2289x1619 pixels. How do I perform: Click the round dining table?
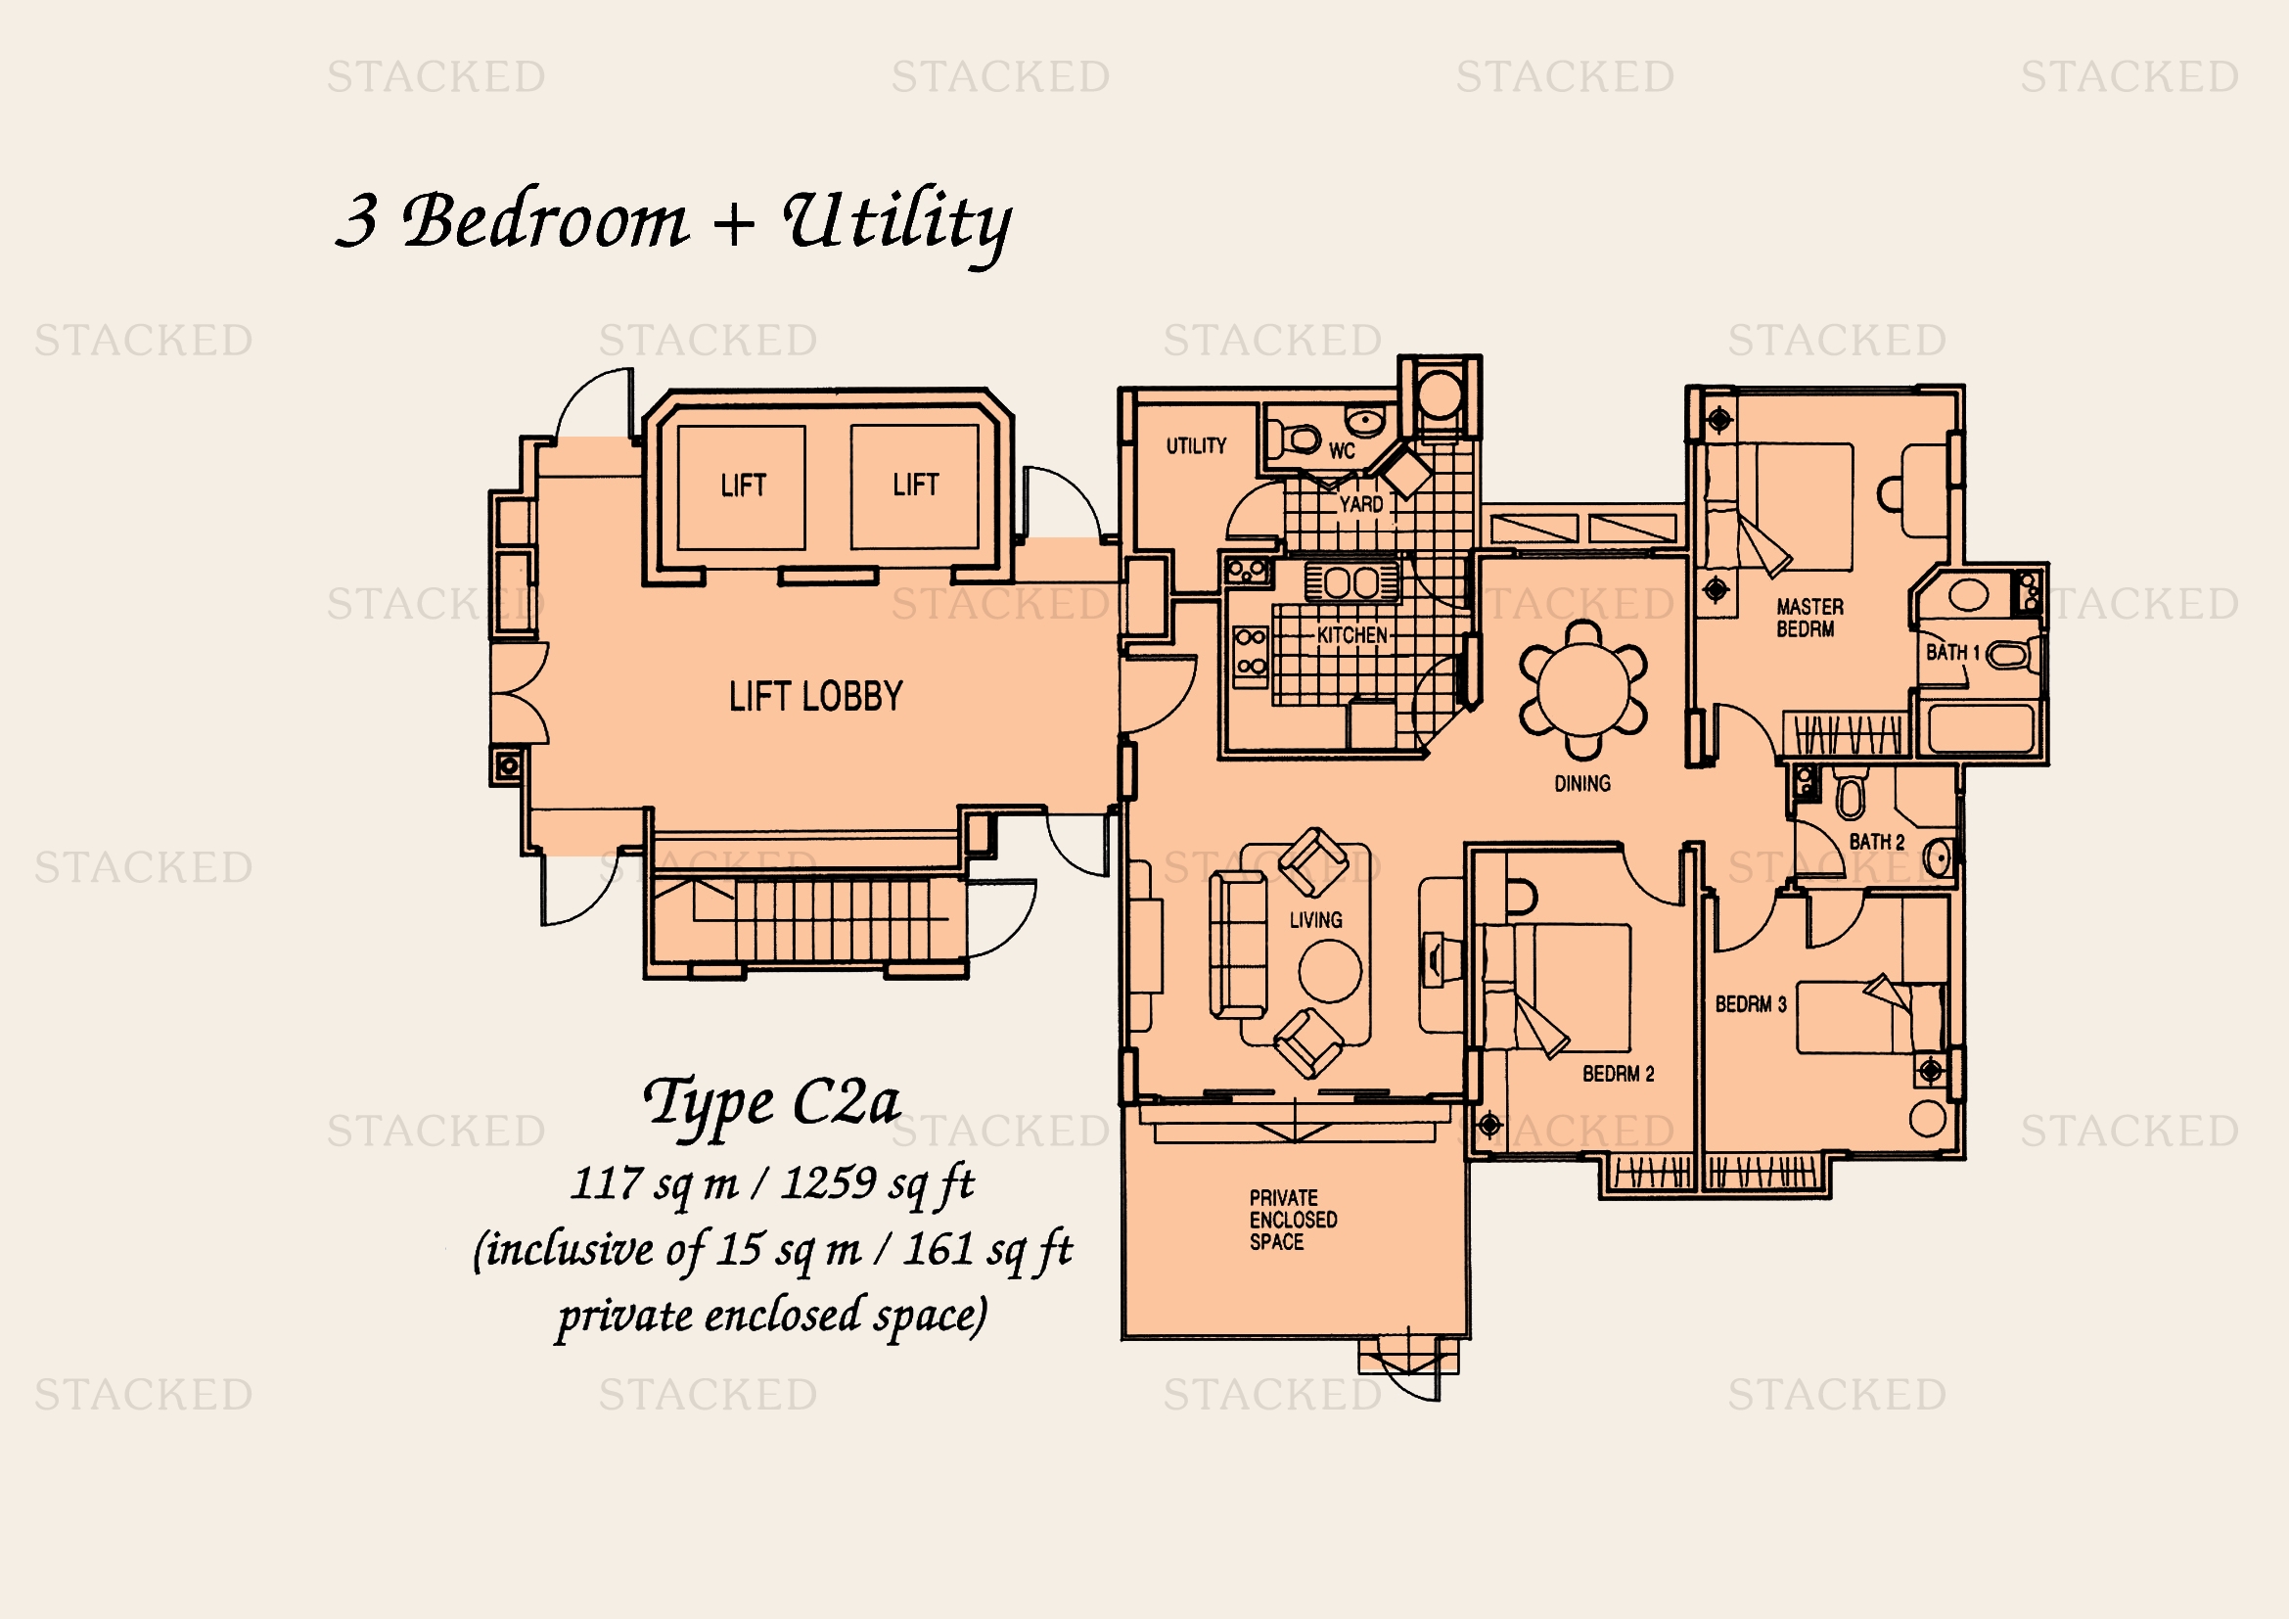1583,689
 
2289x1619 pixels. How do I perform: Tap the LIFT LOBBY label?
815,696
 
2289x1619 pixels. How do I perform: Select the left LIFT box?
742,487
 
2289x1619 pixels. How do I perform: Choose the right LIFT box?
914,486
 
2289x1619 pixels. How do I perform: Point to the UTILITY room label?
1196,445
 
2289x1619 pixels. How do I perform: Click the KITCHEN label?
1351,635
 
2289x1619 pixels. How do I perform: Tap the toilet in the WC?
1294,437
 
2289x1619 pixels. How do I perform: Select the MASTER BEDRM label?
1809,617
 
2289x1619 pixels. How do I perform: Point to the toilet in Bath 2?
1849,793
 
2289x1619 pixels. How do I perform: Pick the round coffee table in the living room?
1329,970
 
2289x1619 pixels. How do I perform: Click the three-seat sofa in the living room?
1238,944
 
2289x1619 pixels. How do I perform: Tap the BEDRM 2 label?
1618,1074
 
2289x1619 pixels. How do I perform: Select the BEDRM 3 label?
1751,1004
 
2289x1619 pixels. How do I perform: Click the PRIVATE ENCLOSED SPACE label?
1293,1220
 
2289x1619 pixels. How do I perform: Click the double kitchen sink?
1352,581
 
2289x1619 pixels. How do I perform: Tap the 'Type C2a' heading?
771,1102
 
